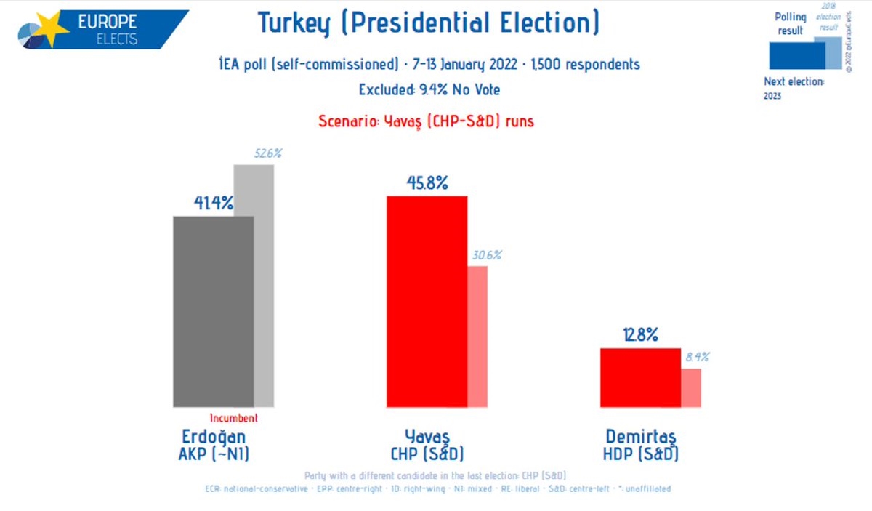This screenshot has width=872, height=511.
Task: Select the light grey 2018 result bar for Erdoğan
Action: pyautogui.click(x=264, y=291)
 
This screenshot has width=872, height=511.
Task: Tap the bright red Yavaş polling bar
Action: pyautogui.click(x=427, y=301)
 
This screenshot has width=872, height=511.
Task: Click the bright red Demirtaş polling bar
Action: pyautogui.click(x=640, y=377)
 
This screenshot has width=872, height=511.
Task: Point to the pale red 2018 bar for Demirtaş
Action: pyautogui.click(x=691, y=387)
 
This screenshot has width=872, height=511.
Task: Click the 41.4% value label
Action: pyautogui.click(x=213, y=204)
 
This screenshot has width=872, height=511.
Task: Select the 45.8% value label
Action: pyautogui.click(x=427, y=183)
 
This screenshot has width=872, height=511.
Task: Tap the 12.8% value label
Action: pyautogui.click(x=640, y=335)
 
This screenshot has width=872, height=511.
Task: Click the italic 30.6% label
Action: pyautogui.click(x=486, y=255)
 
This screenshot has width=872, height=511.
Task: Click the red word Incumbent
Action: pyautogui.click(x=234, y=419)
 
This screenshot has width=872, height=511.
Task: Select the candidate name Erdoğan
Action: pyautogui.click(x=213, y=437)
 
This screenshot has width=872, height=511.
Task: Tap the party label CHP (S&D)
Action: pyautogui.click(x=427, y=454)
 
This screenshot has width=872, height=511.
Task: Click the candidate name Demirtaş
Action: pyautogui.click(x=641, y=437)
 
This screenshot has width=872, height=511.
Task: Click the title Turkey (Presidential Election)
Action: pyautogui.click(x=429, y=24)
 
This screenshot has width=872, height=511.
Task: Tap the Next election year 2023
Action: pyautogui.click(x=772, y=97)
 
